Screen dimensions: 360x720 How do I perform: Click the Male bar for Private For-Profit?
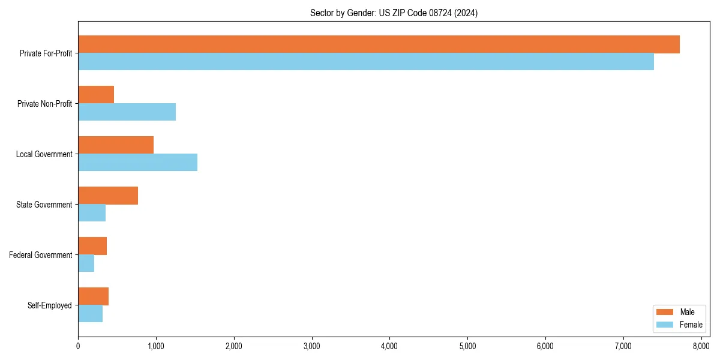coord(379,44)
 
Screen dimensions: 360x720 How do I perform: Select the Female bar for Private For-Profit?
coord(366,62)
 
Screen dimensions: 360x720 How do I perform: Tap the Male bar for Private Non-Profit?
coord(96,95)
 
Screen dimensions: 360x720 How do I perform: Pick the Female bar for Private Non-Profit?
coord(127,112)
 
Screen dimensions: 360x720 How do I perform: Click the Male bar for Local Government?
coord(116,145)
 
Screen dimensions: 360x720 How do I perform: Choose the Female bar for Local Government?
coord(137,163)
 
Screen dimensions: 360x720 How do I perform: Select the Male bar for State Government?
coord(108,196)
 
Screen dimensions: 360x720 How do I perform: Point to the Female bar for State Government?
coord(92,213)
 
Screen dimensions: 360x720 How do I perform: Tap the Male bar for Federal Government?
coord(92,246)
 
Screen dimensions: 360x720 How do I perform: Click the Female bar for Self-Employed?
coord(90,314)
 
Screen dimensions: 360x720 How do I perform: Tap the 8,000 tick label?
coord(701,346)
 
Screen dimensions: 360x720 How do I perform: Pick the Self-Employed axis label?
coord(50,305)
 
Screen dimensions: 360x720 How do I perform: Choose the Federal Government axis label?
coord(41,255)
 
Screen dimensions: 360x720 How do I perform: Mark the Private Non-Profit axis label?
coord(44,104)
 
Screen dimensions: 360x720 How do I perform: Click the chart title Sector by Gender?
coord(394,13)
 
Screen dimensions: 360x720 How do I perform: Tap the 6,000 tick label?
coord(545,346)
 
